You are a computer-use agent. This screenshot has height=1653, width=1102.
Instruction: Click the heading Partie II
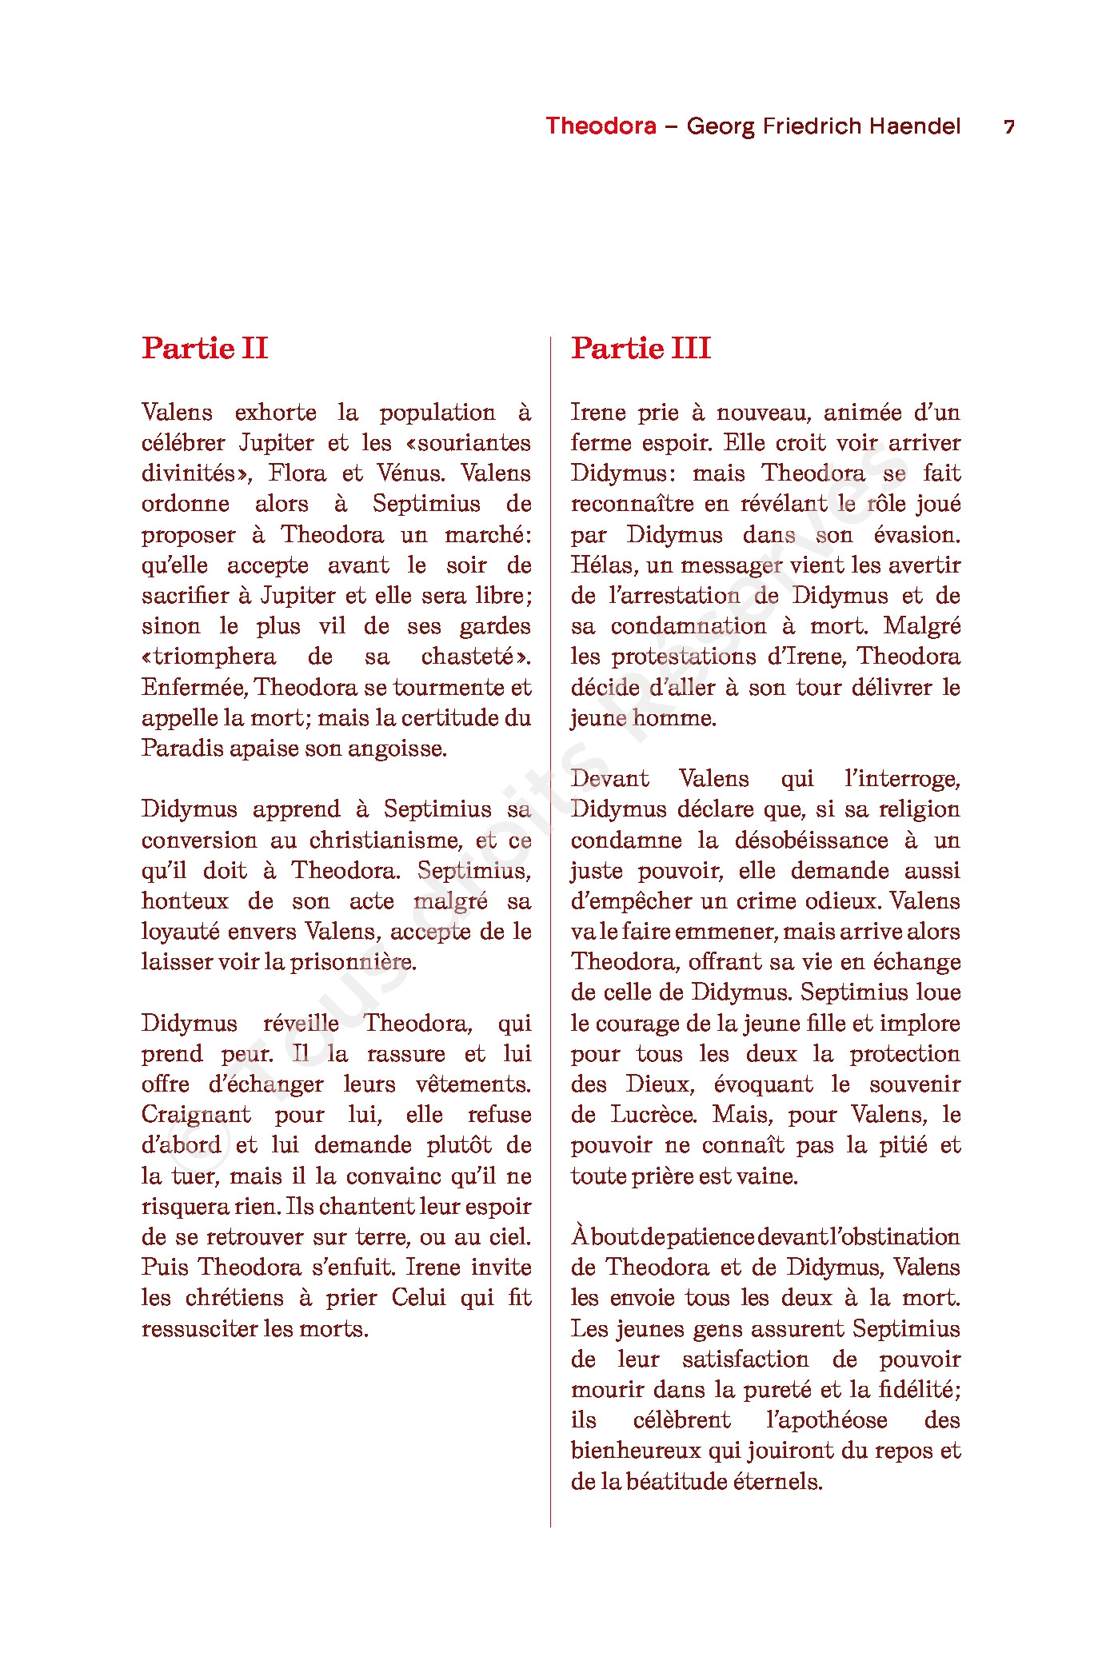[x=205, y=349]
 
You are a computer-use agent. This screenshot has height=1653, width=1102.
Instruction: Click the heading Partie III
[x=641, y=349]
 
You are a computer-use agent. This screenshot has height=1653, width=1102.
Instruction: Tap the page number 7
[x=1009, y=127]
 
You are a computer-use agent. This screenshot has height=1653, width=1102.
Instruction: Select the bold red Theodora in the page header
[x=601, y=126]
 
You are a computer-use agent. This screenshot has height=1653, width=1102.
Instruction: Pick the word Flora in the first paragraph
[x=297, y=473]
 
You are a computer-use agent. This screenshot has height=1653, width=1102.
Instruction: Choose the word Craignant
[x=196, y=1115]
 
